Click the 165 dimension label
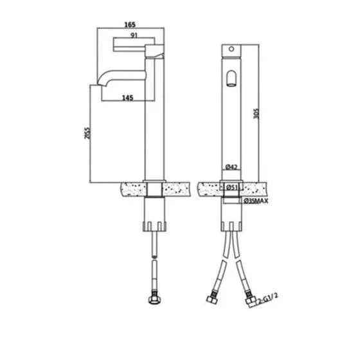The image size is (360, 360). pos(130,24)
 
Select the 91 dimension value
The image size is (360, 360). pos(134,35)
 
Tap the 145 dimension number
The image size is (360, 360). pos(127,98)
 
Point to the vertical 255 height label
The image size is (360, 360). pos(87,133)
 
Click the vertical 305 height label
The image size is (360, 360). pos(256,113)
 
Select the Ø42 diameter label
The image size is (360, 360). pos(231,167)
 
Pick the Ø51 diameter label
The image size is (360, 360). pos(232,187)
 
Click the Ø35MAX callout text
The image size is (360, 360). pos(256,201)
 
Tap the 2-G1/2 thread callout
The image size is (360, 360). pos(267,298)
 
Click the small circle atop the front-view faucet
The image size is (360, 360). pos(231,49)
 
